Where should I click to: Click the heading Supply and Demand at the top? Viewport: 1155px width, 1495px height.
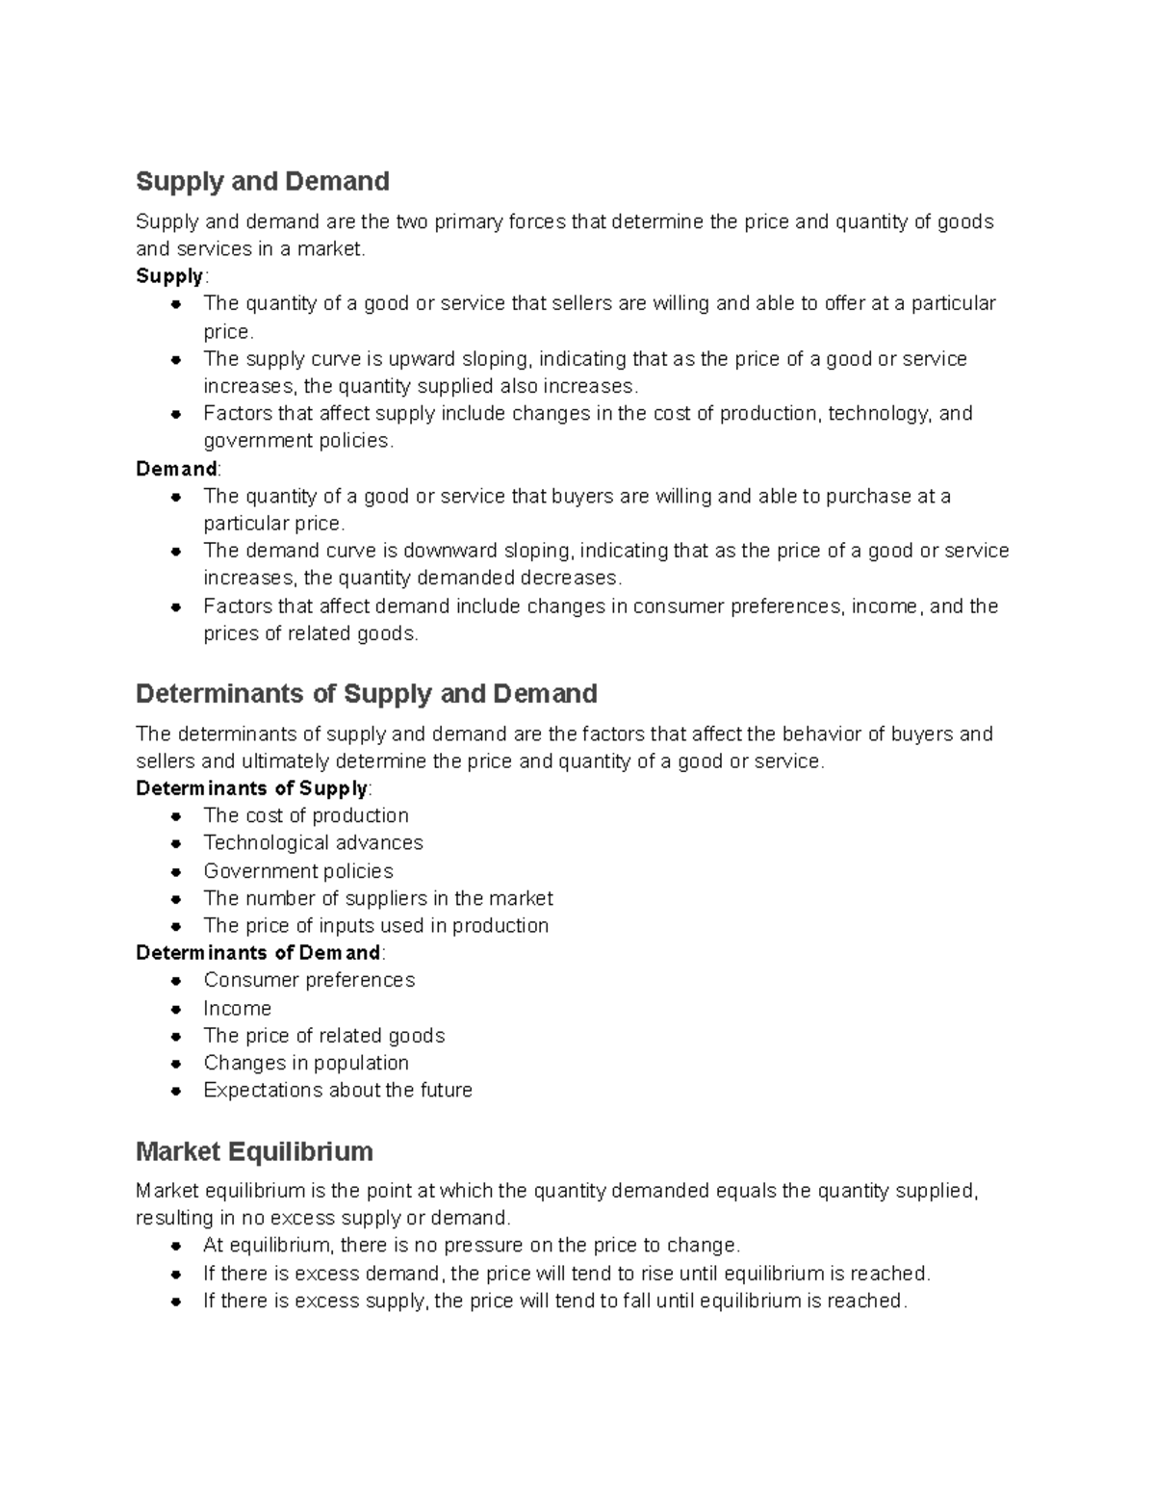[263, 181]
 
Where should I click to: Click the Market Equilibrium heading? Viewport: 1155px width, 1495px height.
[254, 1151]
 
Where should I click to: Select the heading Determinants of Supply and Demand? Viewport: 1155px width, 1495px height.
[367, 693]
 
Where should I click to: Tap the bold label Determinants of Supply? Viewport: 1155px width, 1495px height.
[252, 788]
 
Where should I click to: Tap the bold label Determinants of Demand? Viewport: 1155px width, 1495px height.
[259, 953]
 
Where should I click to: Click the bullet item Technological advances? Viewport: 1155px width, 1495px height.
[313, 843]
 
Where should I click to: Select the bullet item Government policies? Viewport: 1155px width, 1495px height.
[298, 871]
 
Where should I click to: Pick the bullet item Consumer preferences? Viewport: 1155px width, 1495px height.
[309, 980]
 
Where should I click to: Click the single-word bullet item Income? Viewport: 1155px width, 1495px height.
[238, 1009]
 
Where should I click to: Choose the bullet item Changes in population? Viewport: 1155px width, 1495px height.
[306, 1063]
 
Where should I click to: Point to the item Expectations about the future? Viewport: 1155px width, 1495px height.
[338, 1091]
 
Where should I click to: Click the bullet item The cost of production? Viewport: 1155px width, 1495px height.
[306, 815]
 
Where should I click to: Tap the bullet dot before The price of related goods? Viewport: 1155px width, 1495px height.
[176, 1037]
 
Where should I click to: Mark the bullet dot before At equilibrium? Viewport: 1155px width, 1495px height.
[176, 1246]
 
